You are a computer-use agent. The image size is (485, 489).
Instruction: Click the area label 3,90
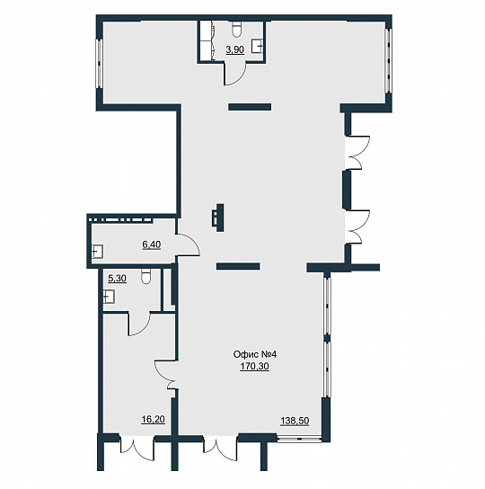click(x=234, y=49)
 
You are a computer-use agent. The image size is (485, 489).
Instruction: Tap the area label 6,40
click(x=152, y=244)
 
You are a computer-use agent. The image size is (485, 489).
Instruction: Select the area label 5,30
click(x=117, y=278)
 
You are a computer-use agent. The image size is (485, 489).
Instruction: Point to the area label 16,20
click(x=153, y=420)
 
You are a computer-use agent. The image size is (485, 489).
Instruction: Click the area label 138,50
click(x=295, y=421)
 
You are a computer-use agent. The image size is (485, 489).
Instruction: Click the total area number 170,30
click(x=254, y=367)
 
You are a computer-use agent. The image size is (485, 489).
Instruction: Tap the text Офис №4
click(x=255, y=354)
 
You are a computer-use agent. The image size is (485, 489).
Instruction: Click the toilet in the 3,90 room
click(x=237, y=29)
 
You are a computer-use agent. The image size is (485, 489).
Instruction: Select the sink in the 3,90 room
click(x=258, y=46)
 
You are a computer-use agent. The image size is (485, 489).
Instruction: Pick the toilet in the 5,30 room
click(x=145, y=276)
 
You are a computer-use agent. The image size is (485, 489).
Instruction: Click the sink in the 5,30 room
click(x=109, y=297)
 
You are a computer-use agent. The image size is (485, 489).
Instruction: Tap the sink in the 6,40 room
click(x=97, y=252)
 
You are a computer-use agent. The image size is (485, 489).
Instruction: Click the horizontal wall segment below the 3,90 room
click(x=250, y=107)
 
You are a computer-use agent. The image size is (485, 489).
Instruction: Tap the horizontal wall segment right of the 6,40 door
click(x=238, y=266)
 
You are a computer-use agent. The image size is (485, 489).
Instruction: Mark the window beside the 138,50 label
click(x=299, y=439)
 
